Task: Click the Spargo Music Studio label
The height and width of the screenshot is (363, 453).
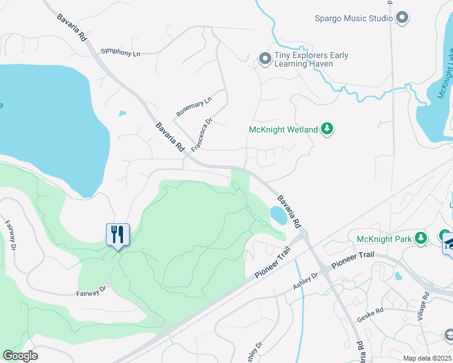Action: [x=354, y=18]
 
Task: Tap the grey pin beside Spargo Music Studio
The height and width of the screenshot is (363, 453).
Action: [x=402, y=18]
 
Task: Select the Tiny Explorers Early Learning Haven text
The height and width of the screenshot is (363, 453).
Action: [x=311, y=60]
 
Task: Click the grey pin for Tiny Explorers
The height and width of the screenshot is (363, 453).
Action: [x=265, y=59]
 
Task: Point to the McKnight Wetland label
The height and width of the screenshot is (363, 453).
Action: [x=283, y=129]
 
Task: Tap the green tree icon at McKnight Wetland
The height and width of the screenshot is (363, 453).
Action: [x=327, y=128]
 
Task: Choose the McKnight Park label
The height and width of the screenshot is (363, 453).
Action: [x=384, y=238]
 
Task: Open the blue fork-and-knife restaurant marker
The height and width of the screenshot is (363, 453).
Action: [x=117, y=234]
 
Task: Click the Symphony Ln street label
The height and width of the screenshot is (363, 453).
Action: [x=120, y=53]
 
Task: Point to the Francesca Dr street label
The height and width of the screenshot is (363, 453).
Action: [x=202, y=135]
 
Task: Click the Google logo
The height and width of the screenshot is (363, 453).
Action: [x=20, y=356]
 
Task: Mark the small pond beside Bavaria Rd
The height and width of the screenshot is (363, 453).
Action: [x=278, y=215]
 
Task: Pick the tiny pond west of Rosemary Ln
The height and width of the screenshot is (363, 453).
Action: [x=123, y=113]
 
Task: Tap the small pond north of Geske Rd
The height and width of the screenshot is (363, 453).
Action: [x=398, y=276]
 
